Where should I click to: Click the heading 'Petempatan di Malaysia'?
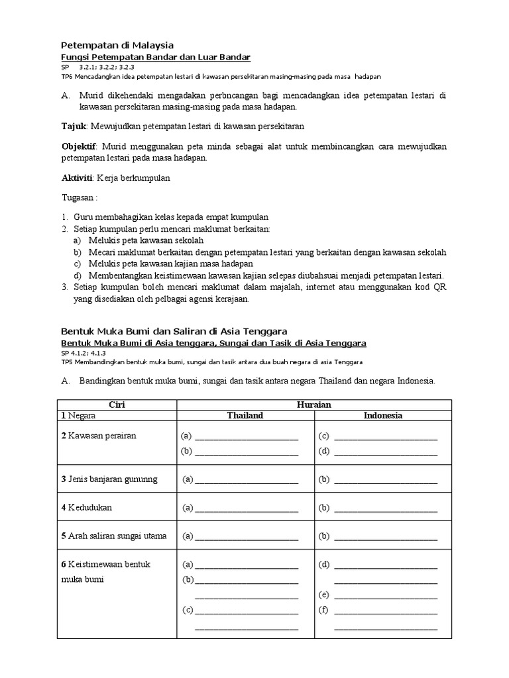point(117,45)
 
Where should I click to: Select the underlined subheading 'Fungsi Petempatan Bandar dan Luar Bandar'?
point(156,58)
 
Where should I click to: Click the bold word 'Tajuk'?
point(74,126)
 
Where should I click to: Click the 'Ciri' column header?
point(117,405)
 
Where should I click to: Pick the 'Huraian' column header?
point(315,405)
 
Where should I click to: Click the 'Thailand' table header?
point(245,416)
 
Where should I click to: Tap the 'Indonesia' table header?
point(383,416)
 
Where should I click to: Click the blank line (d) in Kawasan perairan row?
point(386,452)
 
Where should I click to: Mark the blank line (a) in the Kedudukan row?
point(246,509)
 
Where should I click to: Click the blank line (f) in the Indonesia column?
point(386,610)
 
